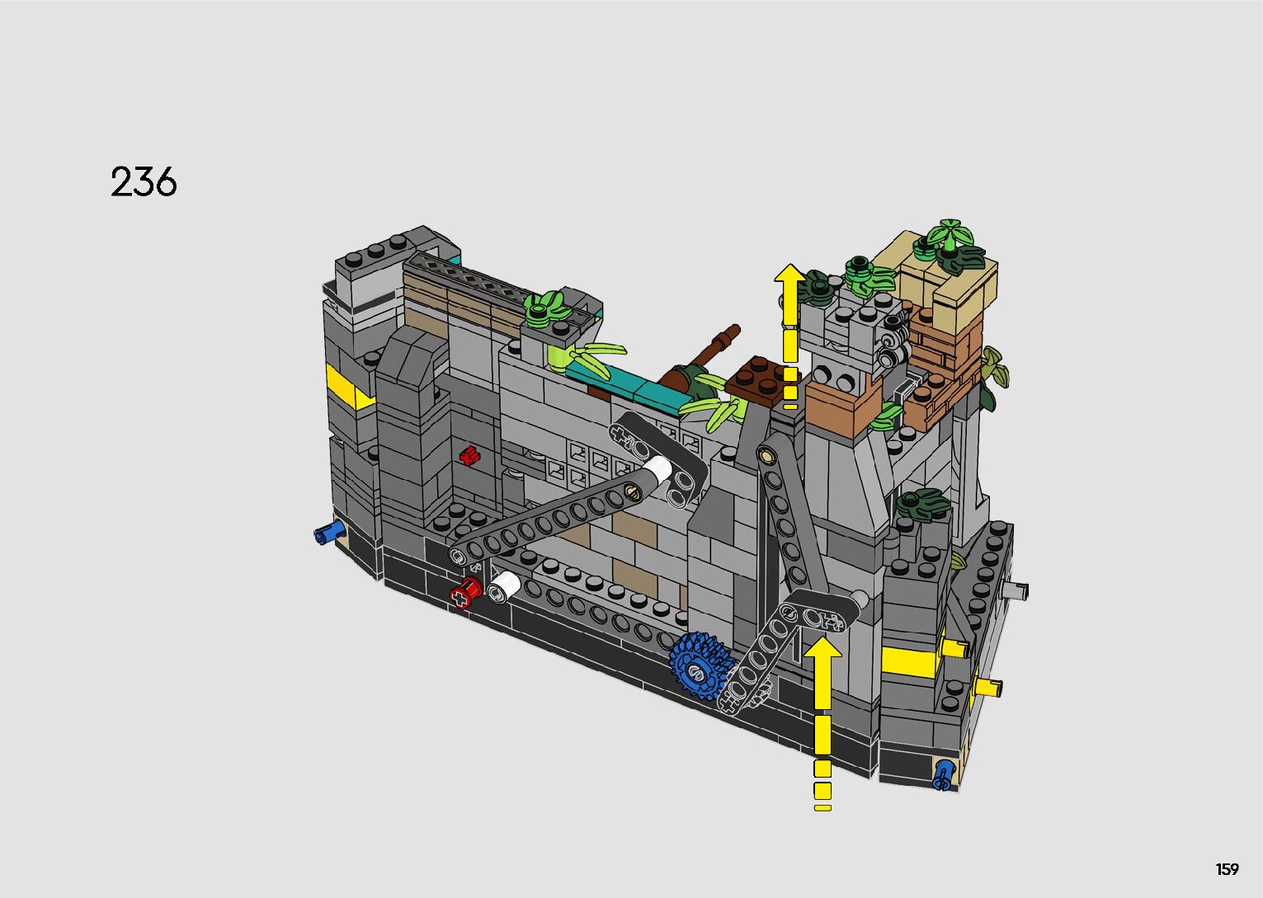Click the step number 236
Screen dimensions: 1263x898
[144, 181]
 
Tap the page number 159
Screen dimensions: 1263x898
[1227, 869]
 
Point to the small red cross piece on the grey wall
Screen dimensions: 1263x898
[469, 455]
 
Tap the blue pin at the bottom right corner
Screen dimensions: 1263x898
[942, 775]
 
